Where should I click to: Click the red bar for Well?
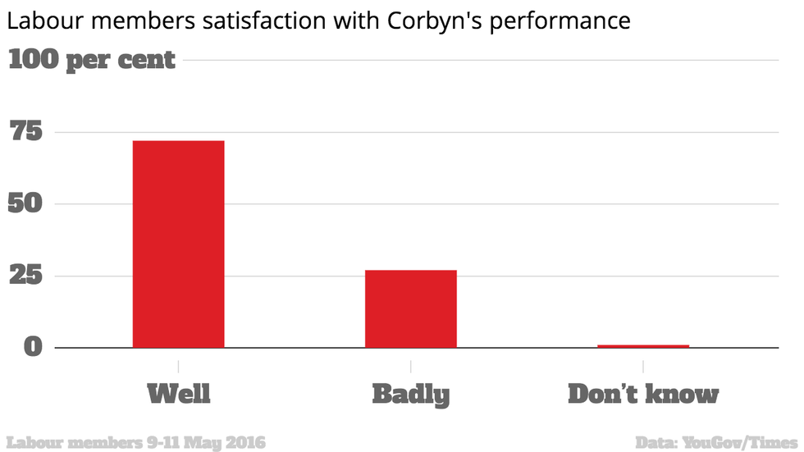coord(178,244)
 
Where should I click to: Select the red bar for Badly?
coord(410,308)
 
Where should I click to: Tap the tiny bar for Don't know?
coord(643,346)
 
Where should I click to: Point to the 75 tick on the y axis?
coord(25,132)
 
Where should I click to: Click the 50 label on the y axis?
coord(25,203)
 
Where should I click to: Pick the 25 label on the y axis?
coord(25,276)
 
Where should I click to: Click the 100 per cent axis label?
coord(92,60)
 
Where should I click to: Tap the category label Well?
coord(178,394)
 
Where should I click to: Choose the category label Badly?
coord(410,395)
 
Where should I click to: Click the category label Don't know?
coord(643,394)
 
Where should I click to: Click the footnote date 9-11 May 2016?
coord(206,442)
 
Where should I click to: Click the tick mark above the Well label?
coord(178,364)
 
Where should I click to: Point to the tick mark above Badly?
coord(410,364)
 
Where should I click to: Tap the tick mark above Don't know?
coord(643,364)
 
